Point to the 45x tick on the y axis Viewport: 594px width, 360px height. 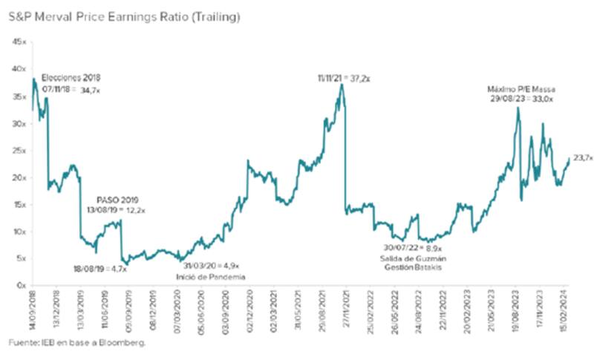coord(17,42)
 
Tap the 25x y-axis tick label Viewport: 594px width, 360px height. coord(17,150)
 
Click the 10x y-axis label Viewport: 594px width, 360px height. coord(17,231)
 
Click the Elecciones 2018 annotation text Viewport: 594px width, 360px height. coord(71,77)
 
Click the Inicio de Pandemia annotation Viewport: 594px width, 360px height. coord(211,276)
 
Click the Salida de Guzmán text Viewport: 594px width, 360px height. coord(410,258)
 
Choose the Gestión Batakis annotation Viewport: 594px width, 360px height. coord(411,266)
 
